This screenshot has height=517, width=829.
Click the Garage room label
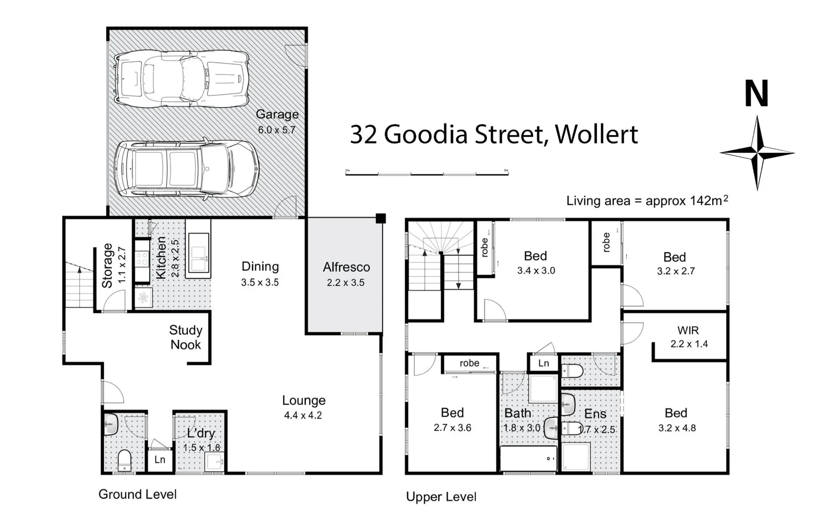click(x=277, y=114)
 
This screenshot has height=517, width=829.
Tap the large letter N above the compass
click(x=756, y=94)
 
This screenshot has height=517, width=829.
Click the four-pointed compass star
click(x=757, y=153)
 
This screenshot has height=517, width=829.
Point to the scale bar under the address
click(x=427, y=173)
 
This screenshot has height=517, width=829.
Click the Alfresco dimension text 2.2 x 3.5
click(x=345, y=283)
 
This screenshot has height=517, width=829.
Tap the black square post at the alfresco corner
click(x=381, y=219)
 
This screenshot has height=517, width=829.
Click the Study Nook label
click(x=186, y=337)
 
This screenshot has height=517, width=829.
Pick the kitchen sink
click(x=198, y=254)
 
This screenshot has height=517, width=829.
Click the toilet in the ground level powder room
click(x=124, y=461)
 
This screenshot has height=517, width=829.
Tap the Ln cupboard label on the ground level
click(x=160, y=460)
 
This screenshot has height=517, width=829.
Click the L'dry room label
click(x=201, y=433)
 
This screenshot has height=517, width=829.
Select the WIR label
click(x=688, y=330)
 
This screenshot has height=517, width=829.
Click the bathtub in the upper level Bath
click(x=528, y=459)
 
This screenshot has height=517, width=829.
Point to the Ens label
click(x=595, y=414)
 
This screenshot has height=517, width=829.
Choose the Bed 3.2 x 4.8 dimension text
click(x=677, y=428)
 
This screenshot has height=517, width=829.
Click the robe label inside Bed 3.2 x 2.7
click(x=607, y=242)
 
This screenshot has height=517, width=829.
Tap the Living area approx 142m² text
click(x=647, y=201)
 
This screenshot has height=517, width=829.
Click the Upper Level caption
click(x=441, y=497)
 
